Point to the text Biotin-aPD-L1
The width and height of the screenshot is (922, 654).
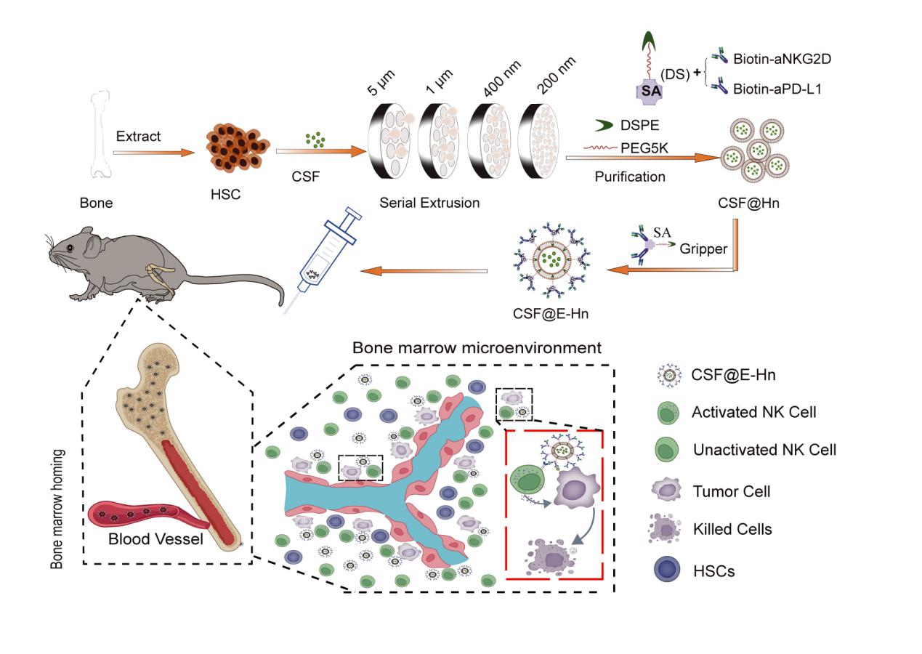793,89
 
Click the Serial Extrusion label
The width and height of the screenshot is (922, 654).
429,203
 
